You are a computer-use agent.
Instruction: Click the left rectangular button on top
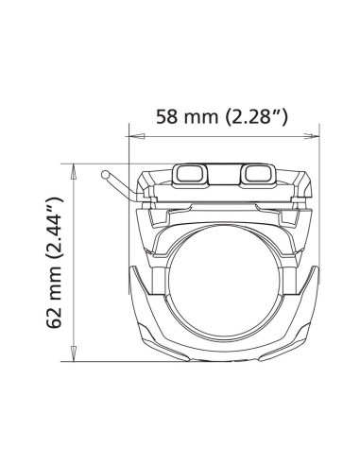click(x=190, y=173)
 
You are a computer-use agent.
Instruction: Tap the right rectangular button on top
click(x=257, y=173)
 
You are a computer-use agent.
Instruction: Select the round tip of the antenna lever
click(x=105, y=174)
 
